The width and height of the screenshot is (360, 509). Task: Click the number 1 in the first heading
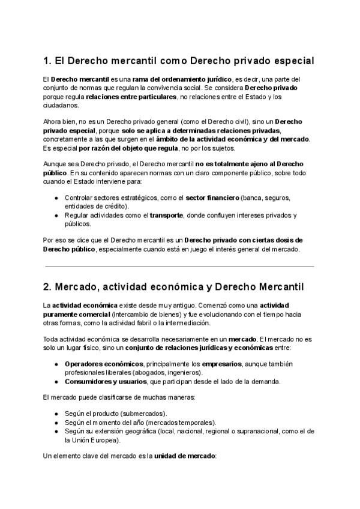(46, 61)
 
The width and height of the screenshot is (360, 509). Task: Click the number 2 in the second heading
(47, 288)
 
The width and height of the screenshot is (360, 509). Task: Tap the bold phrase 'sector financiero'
(212, 198)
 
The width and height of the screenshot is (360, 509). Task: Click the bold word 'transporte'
(166, 215)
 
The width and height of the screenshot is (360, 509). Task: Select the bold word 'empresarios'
(223, 364)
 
